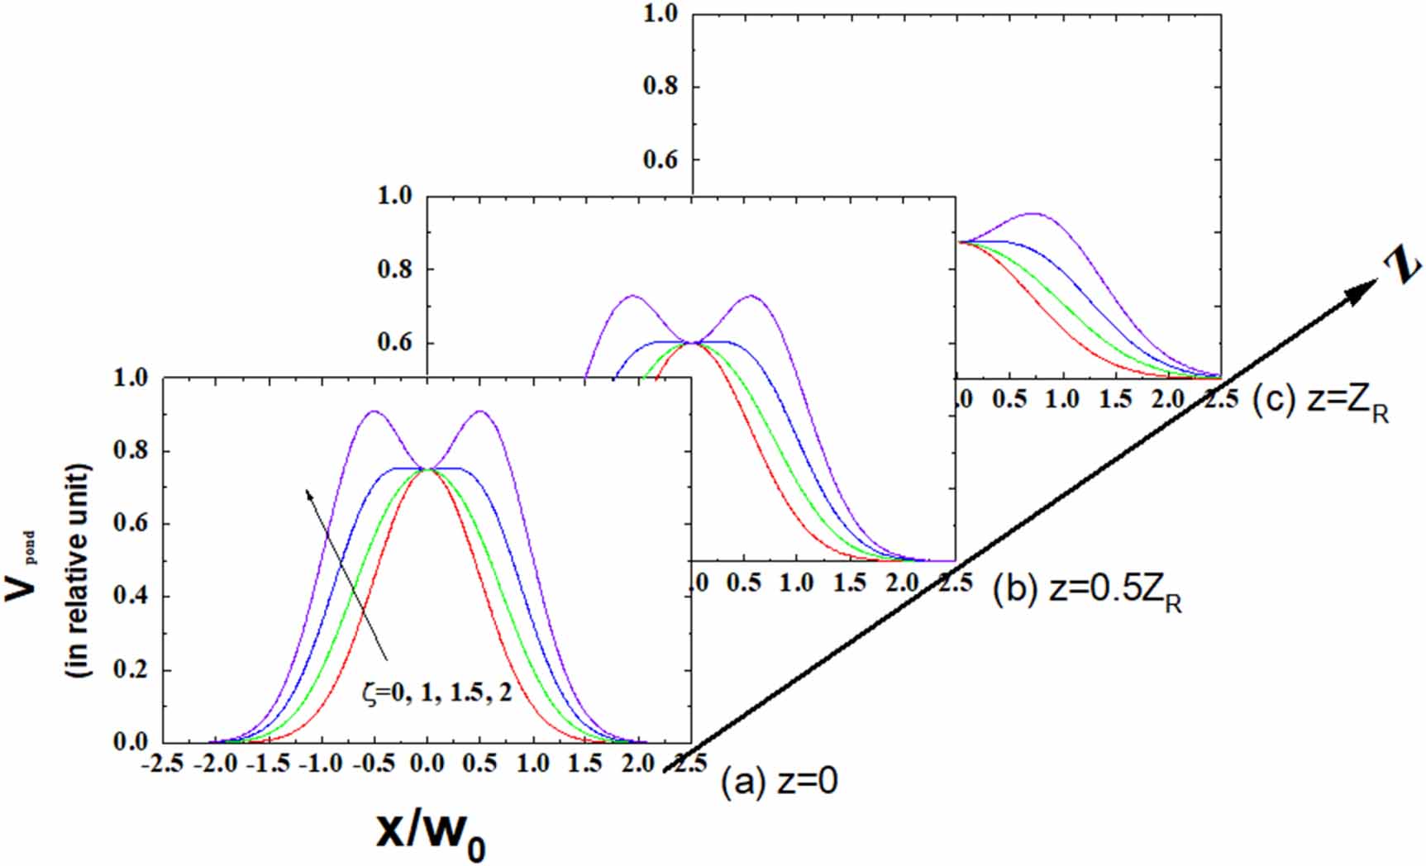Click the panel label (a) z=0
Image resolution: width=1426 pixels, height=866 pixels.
tap(779, 781)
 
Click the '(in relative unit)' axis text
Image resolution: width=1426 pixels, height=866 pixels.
tap(80, 571)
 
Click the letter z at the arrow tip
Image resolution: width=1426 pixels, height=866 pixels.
tap(1402, 266)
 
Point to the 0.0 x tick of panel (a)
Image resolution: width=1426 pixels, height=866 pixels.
tap(427, 763)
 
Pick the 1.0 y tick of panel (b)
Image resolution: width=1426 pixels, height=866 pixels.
tap(395, 197)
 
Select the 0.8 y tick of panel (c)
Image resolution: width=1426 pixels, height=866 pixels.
tap(661, 87)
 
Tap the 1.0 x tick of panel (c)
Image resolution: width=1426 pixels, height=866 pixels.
tap(1061, 400)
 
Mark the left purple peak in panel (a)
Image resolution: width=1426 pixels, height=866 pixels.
tap(374, 411)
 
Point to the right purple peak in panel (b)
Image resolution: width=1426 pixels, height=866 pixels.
tap(751, 295)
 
